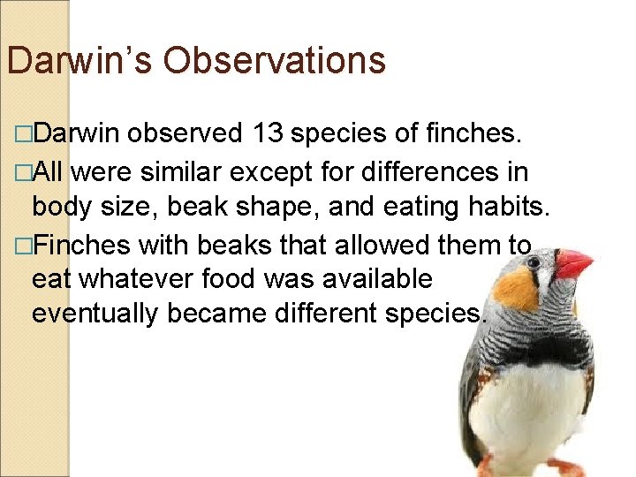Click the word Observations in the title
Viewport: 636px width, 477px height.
click(275, 61)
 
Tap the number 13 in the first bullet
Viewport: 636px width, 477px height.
click(268, 133)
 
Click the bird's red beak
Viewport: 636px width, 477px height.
click(573, 263)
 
